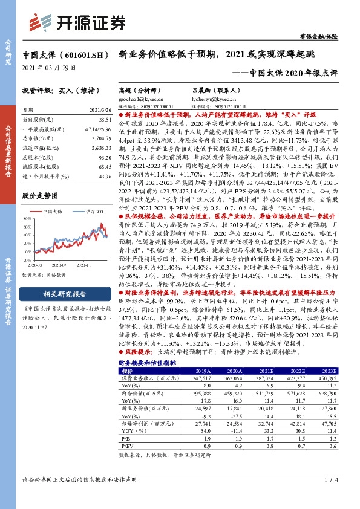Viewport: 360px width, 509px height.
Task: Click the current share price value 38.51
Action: [x=105, y=120]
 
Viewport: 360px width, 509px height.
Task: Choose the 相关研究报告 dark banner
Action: [x=64, y=294]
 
